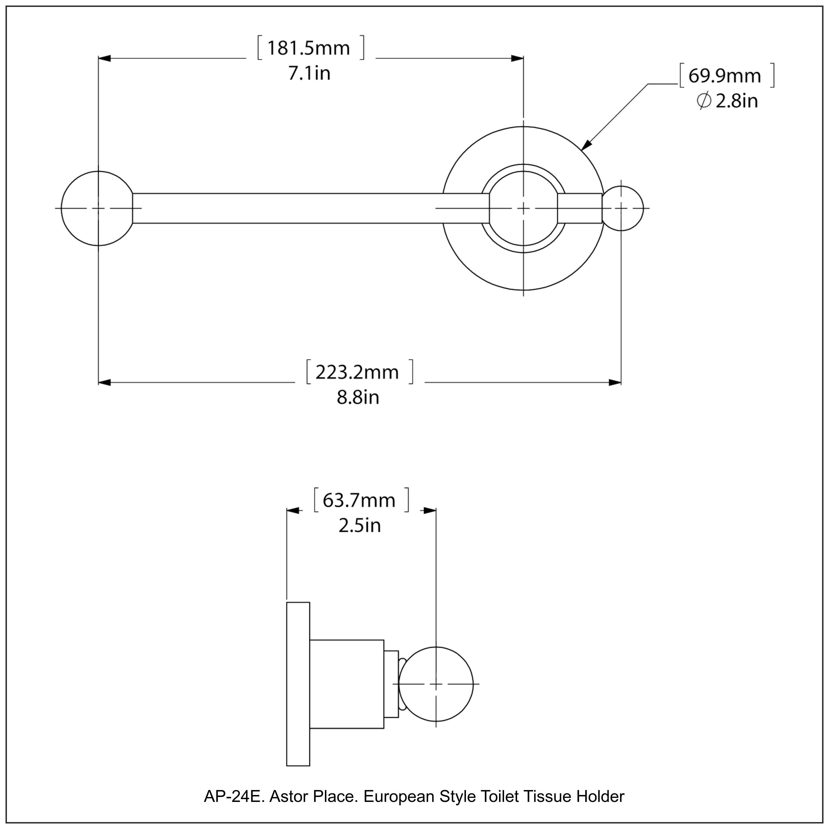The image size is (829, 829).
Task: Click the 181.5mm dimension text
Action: point(308,48)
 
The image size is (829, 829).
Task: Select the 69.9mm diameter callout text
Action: point(724,76)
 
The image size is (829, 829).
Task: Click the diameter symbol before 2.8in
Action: point(704,101)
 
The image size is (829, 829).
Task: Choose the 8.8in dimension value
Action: point(358,398)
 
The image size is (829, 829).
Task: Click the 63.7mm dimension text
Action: point(359,500)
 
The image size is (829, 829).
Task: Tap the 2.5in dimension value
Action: point(360,526)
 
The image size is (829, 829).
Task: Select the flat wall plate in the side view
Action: point(298,684)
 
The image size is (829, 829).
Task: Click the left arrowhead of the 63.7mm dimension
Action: point(293,511)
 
